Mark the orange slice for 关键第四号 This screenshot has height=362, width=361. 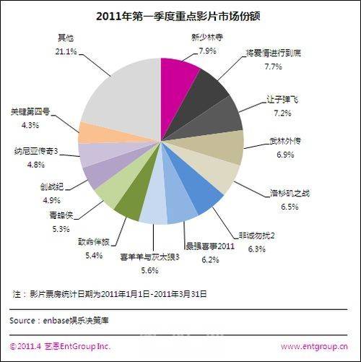pos(95,132)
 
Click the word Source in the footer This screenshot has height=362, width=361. pos(24,319)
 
